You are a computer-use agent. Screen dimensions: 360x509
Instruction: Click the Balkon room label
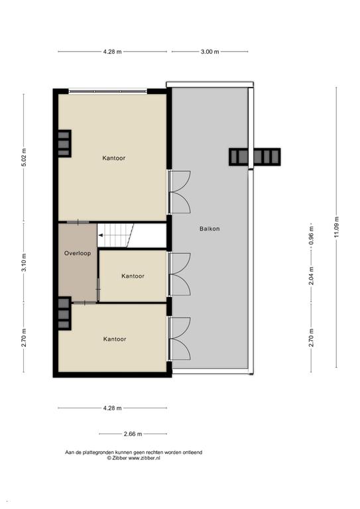[x=210, y=229]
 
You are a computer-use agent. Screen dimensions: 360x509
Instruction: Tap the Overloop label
[x=78, y=253]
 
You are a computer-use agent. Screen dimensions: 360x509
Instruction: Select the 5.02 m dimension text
[x=24, y=157]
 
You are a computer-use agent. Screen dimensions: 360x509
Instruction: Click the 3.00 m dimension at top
[x=210, y=51]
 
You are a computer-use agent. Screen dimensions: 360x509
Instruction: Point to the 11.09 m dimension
[x=336, y=227]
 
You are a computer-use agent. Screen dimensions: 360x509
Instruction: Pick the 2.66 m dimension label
[x=133, y=433]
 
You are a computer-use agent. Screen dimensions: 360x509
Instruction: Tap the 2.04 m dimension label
[x=312, y=276]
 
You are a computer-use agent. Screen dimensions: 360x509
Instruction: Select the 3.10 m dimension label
[x=24, y=262]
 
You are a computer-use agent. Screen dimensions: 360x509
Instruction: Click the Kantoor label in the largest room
[x=113, y=158]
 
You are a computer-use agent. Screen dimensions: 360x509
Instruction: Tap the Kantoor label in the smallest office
[x=133, y=276]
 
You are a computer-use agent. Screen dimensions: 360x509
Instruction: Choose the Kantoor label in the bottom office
[x=115, y=339]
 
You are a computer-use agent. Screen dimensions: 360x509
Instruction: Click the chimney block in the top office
[x=64, y=143]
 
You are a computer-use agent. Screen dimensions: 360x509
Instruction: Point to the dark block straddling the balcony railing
[x=255, y=157]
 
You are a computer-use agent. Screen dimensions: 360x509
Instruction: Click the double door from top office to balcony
[x=179, y=192]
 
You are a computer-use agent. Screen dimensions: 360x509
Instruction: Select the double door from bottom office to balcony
[x=179, y=339]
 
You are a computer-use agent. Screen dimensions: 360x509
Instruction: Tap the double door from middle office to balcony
[x=179, y=274]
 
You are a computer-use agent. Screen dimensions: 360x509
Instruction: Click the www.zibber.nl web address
[x=144, y=458]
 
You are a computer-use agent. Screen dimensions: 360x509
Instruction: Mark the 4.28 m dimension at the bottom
[x=112, y=408]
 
